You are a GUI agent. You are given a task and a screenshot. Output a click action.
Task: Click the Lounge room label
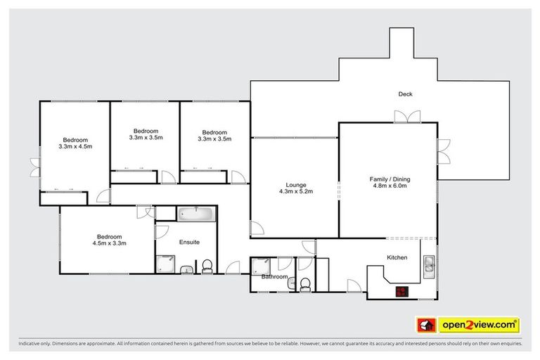[x=295, y=185]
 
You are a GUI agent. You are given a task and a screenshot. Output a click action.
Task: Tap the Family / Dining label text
[x=390, y=179]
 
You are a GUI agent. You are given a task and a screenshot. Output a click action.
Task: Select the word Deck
[x=405, y=94]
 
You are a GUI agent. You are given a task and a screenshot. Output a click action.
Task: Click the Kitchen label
[x=397, y=258]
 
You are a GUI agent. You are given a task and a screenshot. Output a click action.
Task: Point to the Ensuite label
[x=188, y=242]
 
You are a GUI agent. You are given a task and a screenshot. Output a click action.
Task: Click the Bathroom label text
[x=275, y=277]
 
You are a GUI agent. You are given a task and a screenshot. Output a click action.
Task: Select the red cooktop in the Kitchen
[x=401, y=291]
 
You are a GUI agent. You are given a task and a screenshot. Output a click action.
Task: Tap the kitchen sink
[x=428, y=264]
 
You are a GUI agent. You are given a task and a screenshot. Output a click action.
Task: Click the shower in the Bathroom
[x=261, y=266]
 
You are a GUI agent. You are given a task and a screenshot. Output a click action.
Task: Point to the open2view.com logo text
[x=478, y=324]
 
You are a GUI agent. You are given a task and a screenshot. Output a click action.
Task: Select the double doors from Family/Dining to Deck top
[x=407, y=117]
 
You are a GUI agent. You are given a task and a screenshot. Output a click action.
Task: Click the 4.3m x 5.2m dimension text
[x=295, y=191]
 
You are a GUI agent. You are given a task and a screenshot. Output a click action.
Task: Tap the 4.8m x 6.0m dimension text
[x=390, y=186]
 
